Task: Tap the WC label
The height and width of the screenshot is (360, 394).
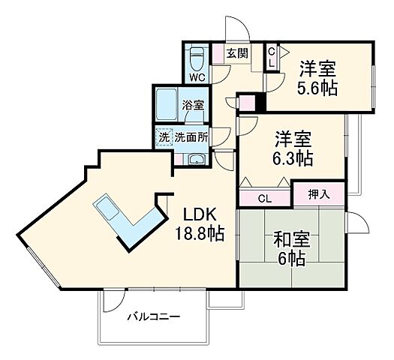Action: click(197, 77)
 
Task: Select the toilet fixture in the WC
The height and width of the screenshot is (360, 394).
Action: click(198, 57)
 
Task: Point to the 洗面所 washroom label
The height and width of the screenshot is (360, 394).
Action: click(193, 137)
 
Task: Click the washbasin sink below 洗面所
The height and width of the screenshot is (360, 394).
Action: click(196, 159)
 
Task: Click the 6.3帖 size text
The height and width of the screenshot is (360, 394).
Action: click(292, 159)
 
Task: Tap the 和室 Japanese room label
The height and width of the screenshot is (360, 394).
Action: click(289, 241)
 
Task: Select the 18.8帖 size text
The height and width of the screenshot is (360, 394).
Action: click(198, 232)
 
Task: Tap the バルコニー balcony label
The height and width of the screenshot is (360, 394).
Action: click(152, 317)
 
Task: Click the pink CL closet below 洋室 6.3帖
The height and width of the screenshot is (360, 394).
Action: click(264, 199)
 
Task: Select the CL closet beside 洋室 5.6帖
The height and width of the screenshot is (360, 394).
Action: click(272, 57)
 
